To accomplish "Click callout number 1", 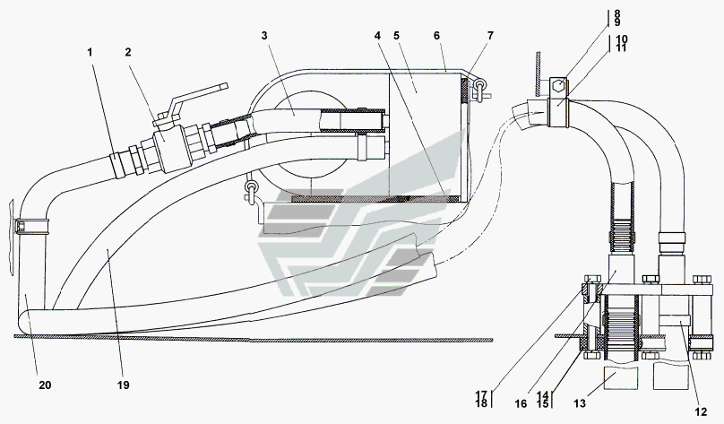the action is (x=90, y=53).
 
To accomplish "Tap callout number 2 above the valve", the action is (x=128, y=53).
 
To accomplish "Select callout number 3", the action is (x=264, y=36).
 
